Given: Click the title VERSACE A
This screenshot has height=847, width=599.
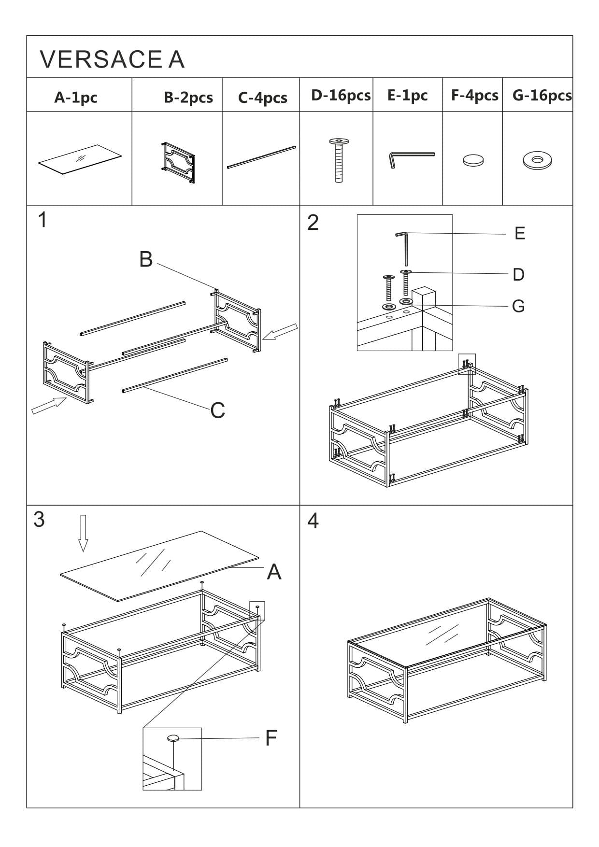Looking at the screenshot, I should [x=112, y=59].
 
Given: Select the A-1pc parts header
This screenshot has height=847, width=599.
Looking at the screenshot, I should [x=76, y=98].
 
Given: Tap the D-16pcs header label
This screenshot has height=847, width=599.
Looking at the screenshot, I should [x=341, y=96].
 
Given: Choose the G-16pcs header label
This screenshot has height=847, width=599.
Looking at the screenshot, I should [x=542, y=96].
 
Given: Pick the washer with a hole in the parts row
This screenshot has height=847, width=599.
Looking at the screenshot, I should [x=537, y=160].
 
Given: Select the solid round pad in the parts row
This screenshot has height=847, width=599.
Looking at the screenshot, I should [x=473, y=160].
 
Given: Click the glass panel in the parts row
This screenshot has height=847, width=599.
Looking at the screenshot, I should [x=80, y=158].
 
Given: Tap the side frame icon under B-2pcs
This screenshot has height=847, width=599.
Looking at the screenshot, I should [x=179, y=163].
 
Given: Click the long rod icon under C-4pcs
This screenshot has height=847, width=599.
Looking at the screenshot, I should [x=261, y=157].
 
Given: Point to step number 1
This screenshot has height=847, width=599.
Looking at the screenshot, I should [x=43, y=220].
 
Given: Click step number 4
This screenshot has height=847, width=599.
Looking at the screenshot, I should [x=313, y=521].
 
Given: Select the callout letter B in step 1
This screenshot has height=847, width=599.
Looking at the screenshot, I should [x=146, y=259].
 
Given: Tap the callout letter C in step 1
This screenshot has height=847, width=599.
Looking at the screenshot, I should [x=218, y=410].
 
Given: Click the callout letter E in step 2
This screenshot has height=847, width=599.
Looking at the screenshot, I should [x=520, y=234].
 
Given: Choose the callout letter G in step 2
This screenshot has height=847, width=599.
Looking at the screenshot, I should [x=518, y=306].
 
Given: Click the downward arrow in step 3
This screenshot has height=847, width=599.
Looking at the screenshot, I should [x=83, y=533].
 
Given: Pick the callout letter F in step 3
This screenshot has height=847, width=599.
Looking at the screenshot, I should [x=271, y=738].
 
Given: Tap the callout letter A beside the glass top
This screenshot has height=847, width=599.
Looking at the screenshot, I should [x=274, y=572].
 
